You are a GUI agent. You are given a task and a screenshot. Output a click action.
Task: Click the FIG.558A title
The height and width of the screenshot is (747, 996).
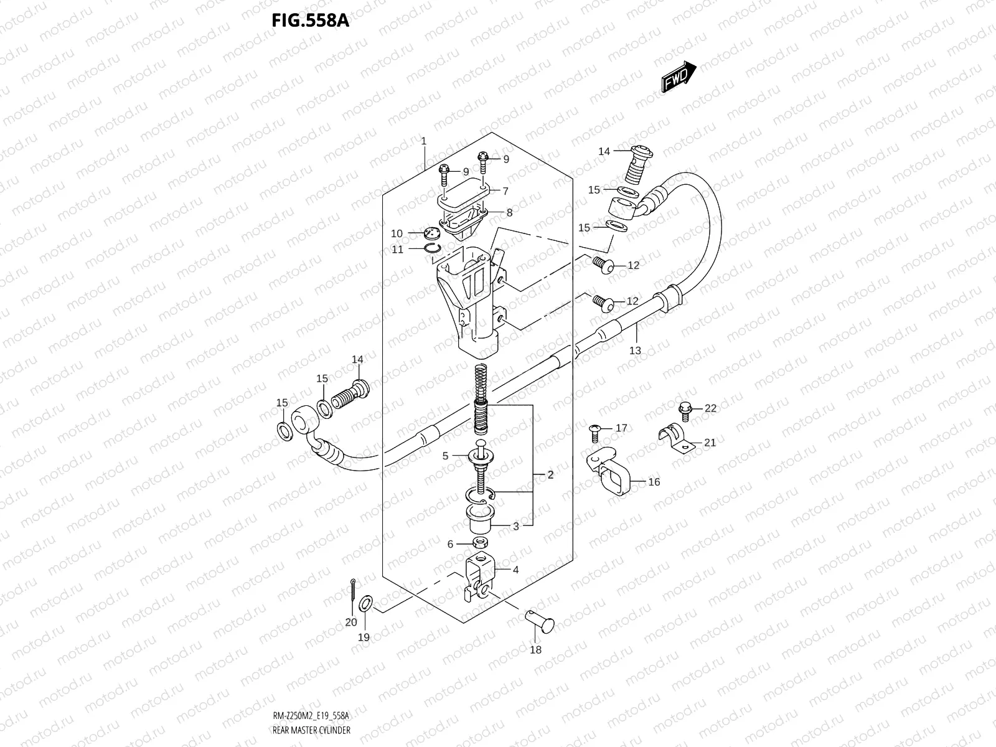pos(310,21)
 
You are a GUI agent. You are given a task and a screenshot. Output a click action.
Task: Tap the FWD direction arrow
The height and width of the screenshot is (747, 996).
pos(678,77)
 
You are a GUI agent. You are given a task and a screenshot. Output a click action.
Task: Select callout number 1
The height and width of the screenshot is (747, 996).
pos(423,141)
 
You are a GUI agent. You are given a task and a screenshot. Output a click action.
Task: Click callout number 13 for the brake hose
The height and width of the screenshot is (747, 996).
pos(634,350)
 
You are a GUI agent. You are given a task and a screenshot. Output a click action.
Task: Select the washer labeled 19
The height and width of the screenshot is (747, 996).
pos(367,603)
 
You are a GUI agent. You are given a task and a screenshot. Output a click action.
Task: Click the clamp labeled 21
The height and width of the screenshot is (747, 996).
pos(675,437)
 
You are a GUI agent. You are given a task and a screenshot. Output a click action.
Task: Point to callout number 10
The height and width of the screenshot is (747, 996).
pos(397,233)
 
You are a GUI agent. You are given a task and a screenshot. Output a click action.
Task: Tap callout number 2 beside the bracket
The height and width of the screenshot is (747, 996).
pos(550,475)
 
